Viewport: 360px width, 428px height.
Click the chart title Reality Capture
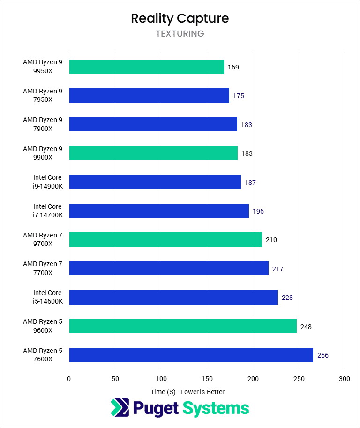pos(180,18)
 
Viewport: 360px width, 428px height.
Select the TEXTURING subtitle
pos(180,34)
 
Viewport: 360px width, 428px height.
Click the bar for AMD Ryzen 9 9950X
pos(146,67)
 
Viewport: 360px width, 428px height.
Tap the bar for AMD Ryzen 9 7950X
pos(149,95)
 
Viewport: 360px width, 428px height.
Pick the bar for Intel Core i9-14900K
pos(155,182)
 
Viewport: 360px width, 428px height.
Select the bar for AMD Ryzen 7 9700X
pos(165,240)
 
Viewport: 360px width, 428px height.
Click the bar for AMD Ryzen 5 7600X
pos(191,355)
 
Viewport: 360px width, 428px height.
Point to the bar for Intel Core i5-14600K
pos(173,297)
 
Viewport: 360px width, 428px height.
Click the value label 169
pos(233,67)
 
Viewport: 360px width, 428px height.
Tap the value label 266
pos(323,355)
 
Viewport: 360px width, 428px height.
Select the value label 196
pos(258,211)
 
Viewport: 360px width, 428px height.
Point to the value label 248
pos(306,327)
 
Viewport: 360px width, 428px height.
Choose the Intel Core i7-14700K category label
pos(47,211)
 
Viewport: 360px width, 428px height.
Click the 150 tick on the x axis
pos(207,379)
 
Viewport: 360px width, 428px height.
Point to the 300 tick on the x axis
pos(345,379)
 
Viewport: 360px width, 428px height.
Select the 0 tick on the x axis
pos(69,379)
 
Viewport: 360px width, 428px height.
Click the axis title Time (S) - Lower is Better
pos(187,392)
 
